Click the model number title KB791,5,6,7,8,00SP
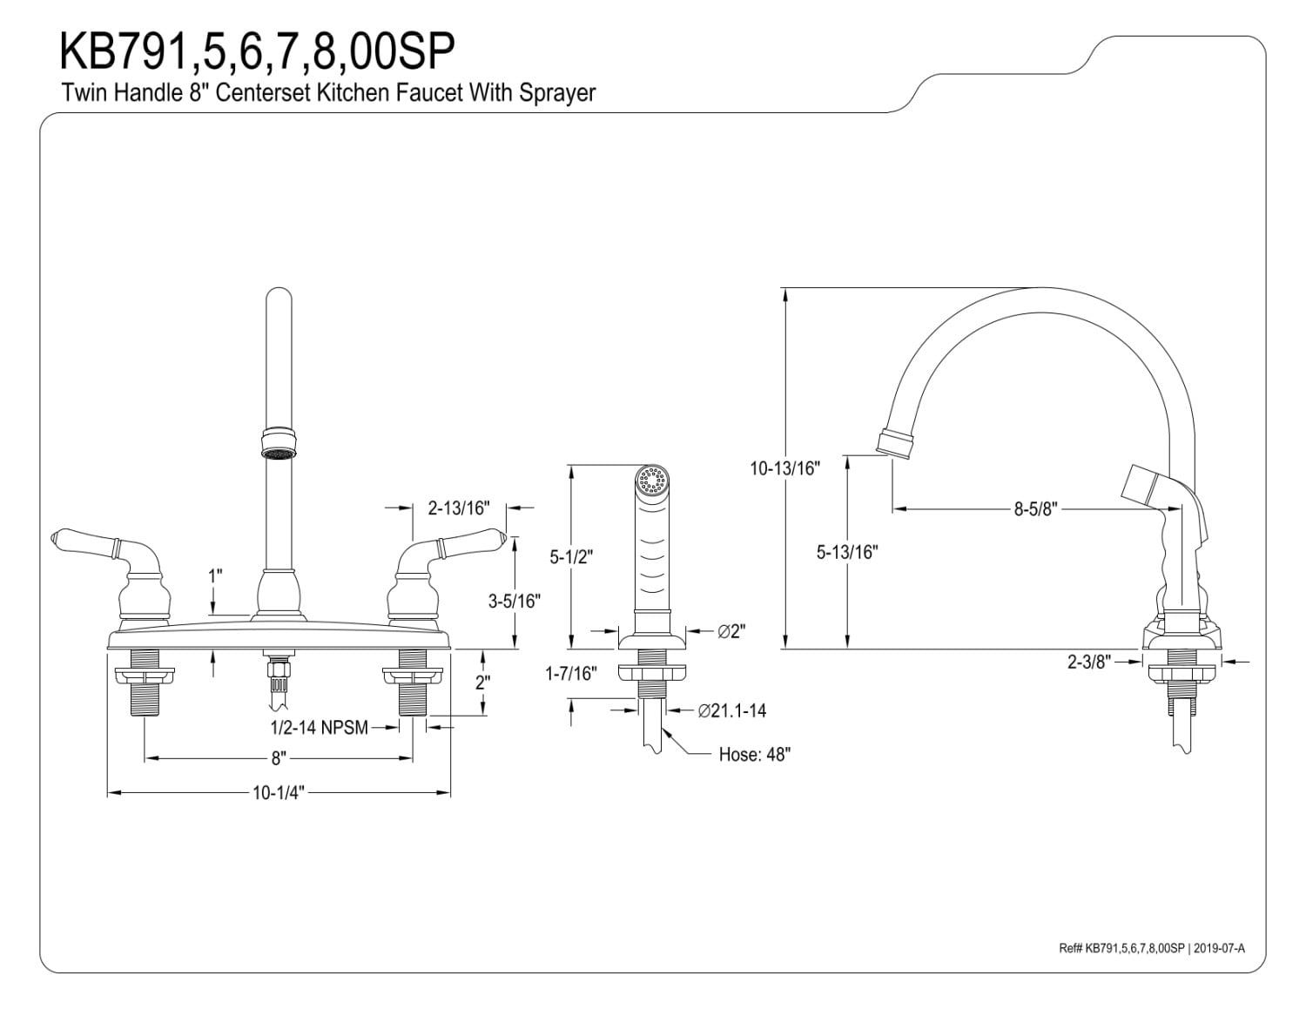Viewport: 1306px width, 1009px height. click(x=257, y=52)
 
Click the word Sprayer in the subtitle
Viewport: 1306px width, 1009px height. click(x=557, y=93)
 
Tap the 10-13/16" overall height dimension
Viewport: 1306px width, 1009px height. click(x=785, y=468)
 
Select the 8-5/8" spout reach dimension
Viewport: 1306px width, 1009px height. click(x=1034, y=509)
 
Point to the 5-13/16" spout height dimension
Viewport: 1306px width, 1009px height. click(x=847, y=552)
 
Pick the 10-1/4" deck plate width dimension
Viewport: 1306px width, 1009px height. click(x=278, y=793)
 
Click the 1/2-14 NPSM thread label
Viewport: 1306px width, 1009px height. click(x=319, y=728)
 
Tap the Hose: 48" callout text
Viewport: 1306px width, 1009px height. click(x=754, y=755)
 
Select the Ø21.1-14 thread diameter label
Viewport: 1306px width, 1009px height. click(x=732, y=711)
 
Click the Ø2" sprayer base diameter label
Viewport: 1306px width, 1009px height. click(x=732, y=632)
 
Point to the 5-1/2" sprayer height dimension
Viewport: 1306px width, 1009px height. click(x=570, y=557)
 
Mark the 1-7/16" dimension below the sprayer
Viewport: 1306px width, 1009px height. click(x=571, y=673)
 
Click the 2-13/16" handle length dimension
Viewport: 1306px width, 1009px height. click(x=459, y=508)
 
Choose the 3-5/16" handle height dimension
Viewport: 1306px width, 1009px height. click(x=515, y=601)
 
